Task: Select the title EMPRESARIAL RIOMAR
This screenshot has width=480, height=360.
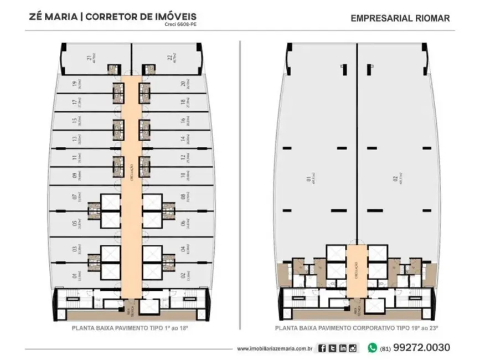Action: [x=400, y=18]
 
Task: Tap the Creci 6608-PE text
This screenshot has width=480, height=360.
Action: [x=181, y=25]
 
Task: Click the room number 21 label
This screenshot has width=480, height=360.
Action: [x=89, y=58]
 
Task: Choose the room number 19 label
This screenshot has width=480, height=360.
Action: [x=74, y=85]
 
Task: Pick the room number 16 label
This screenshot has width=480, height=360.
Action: [x=182, y=120]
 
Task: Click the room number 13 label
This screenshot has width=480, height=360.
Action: [x=74, y=138]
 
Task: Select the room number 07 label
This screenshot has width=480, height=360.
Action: [x=74, y=197]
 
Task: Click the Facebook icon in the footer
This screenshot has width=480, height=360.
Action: [x=322, y=348]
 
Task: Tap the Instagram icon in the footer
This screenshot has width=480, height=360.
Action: [x=353, y=348]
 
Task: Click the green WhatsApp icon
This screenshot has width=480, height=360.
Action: [x=372, y=348]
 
